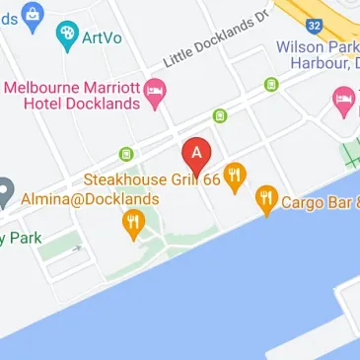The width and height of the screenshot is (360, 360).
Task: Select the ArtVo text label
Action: [102, 38]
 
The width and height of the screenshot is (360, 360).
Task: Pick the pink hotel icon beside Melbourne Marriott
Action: [156, 93]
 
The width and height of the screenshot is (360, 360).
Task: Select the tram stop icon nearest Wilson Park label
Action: [270, 85]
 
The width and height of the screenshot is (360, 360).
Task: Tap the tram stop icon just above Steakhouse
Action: [126, 153]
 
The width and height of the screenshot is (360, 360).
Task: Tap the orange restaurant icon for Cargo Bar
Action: [265, 202]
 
